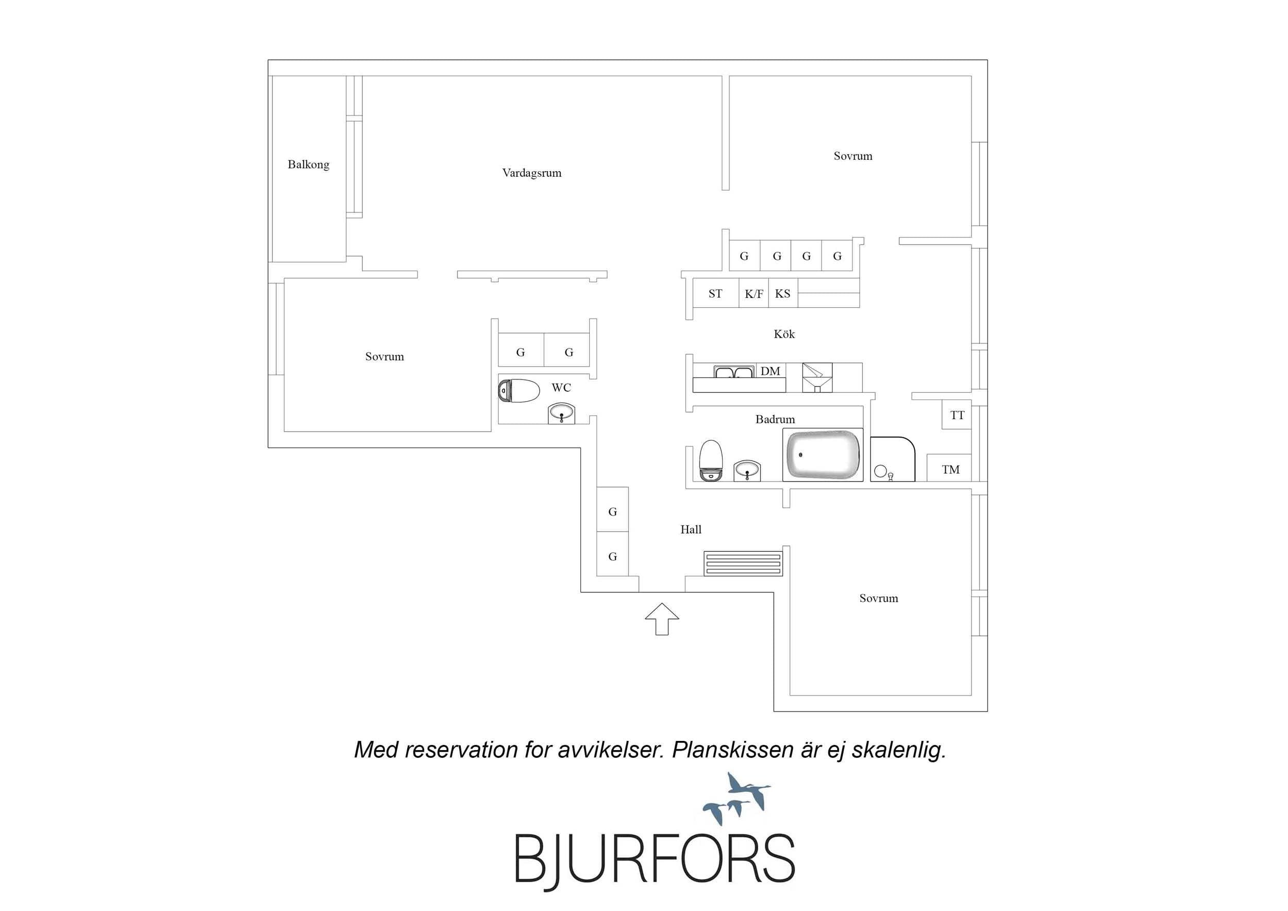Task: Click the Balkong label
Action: point(308,164)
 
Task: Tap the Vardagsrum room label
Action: point(531,173)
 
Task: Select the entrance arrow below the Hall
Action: point(662,619)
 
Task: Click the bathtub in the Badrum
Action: point(823,455)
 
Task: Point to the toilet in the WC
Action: point(518,391)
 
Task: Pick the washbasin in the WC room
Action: point(561,413)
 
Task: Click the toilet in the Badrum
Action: point(711,461)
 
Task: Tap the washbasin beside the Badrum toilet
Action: point(747,470)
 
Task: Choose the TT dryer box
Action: point(957,415)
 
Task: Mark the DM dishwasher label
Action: point(770,371)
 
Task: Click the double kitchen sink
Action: point(734,372)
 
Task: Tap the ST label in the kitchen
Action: point(715,293)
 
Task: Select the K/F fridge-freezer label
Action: point(754,293)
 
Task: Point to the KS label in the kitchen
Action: point(782,293)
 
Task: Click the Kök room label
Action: point(784,334)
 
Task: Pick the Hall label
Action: point(691,529)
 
